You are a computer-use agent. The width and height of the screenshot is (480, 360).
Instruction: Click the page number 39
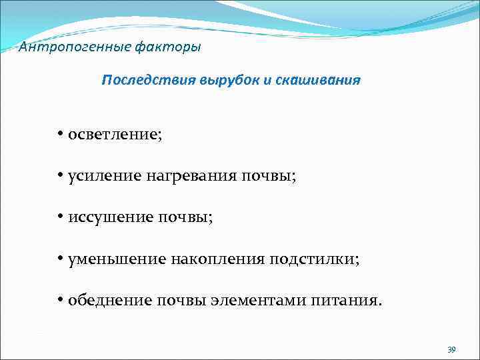(x=451, y=349)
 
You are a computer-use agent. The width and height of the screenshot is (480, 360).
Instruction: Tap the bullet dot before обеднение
(x=60, y=300)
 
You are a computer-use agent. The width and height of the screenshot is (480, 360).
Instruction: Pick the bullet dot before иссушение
(x=60, y=217)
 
